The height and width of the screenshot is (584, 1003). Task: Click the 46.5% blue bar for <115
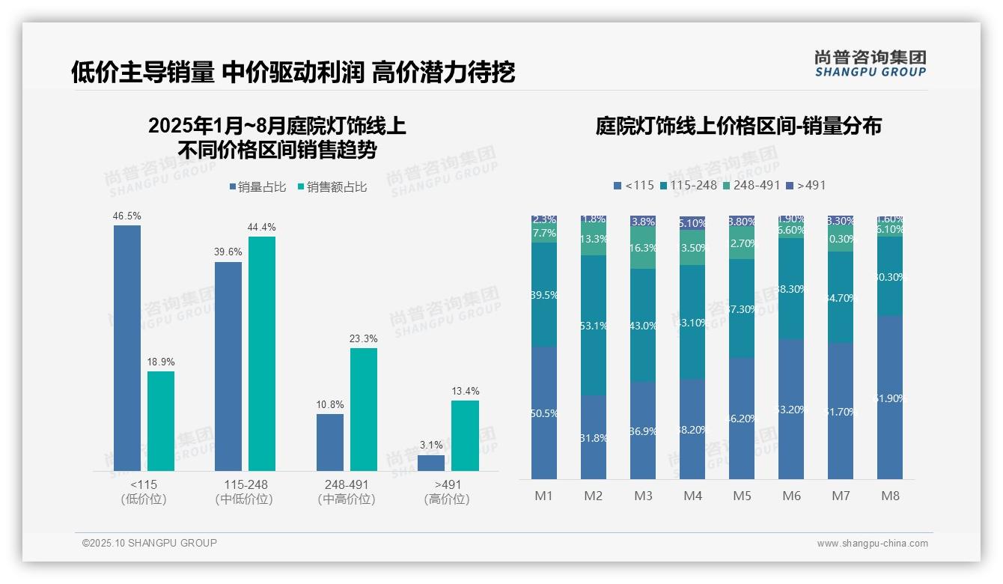(127, 348)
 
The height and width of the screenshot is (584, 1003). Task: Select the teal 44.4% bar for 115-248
(262, 353)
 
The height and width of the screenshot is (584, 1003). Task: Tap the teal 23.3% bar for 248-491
(364, 410)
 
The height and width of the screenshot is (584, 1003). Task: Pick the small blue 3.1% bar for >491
(431, 463)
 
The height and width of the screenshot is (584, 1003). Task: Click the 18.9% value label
(161, 362)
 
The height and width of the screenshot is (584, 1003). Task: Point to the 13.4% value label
(466, 391)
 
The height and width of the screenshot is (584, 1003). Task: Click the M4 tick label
(692, 496)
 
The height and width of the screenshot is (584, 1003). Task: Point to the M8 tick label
(890, 496)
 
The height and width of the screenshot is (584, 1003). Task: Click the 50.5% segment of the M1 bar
(544, 413)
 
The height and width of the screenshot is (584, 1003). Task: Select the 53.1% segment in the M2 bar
(594, 325)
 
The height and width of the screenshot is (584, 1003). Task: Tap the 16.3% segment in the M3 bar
(643, 248)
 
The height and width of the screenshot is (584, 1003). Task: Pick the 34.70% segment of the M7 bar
(841, 297)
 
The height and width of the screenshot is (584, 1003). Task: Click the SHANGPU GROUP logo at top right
(870, 64)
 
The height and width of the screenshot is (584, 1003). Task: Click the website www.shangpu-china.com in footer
(872, 544)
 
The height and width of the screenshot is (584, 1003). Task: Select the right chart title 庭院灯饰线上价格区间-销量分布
(738, 126)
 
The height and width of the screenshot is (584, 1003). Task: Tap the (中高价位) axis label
(346, 499)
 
